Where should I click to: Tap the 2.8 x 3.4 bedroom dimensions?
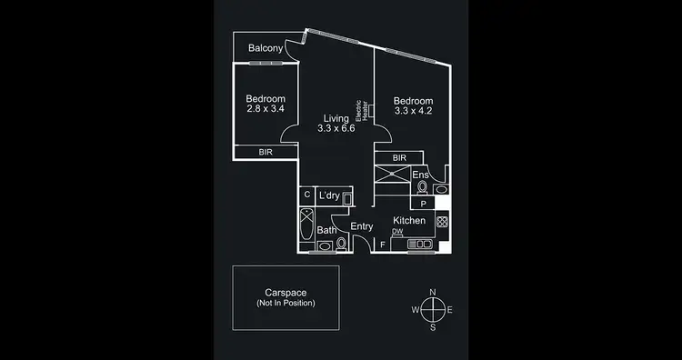pos(266,109)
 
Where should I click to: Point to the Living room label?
pos(336,118)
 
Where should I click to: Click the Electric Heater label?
pos(361,110)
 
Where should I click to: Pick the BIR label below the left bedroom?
pos(266,153)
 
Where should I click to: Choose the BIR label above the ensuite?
pos(400,158)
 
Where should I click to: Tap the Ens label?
pos(420,175)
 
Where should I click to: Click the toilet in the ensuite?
pos(423,188)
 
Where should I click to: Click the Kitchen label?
pos(408,221)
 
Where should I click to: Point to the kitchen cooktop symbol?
pos(442,221)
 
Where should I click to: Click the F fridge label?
pos(382,244)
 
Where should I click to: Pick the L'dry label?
pos(329,195)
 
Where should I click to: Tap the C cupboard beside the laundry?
pos(307,195)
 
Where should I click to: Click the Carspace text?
pos(286,292)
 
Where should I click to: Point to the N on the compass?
pos(433,292)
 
